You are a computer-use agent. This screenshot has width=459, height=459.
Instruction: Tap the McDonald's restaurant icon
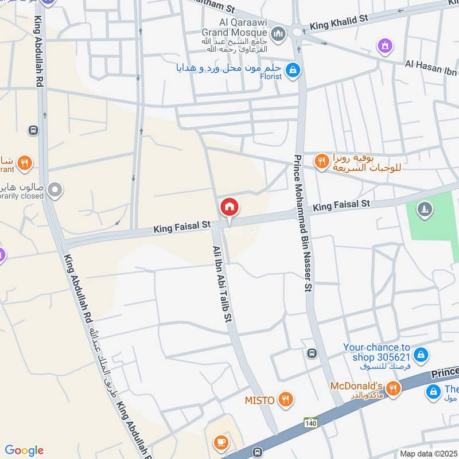pos(393,389)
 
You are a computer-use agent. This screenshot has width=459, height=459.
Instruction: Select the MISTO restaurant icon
pos(285,399)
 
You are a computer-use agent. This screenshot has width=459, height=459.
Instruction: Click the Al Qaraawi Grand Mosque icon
pos(279,35)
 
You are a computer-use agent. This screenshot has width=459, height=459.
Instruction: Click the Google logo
pos(24,450)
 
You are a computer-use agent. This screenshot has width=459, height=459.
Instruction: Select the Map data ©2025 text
pos(427,454)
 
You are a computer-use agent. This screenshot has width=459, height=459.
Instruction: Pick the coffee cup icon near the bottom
pos(221,442)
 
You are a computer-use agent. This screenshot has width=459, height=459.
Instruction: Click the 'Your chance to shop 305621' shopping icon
pos(421,355)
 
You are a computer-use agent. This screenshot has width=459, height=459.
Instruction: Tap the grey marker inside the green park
pos(425,211)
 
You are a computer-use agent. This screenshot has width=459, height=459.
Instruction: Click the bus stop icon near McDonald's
pos(312,353)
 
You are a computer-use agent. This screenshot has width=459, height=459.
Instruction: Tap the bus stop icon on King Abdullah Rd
pos(33,130)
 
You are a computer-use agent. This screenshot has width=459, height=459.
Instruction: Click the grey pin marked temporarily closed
pos(55,190)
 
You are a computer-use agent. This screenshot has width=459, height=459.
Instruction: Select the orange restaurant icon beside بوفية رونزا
pos(322,162)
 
